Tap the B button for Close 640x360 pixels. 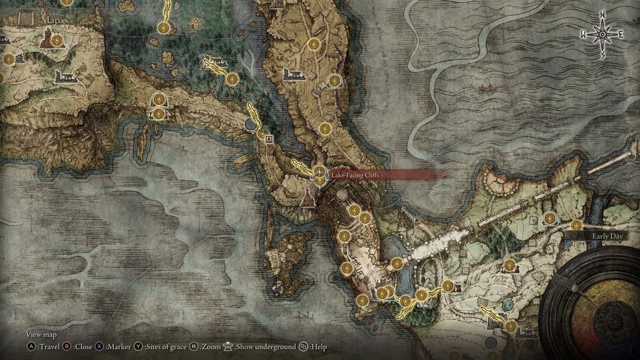[x=67, y=347]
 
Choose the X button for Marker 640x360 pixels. [x=100, y=347]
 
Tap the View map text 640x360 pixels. [x=42, y=335]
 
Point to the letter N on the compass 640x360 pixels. [x=603, y=16]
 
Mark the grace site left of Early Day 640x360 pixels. [x=575, y=226]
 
